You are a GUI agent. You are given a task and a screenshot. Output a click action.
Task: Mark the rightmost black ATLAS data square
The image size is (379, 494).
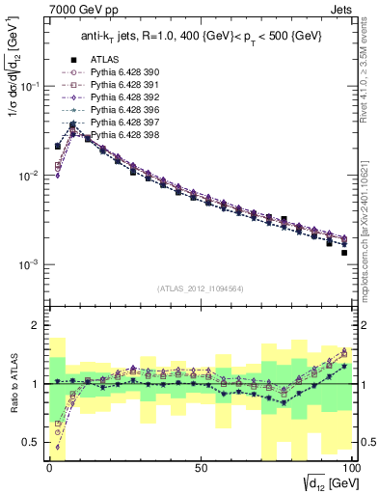(x=344, y=253)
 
